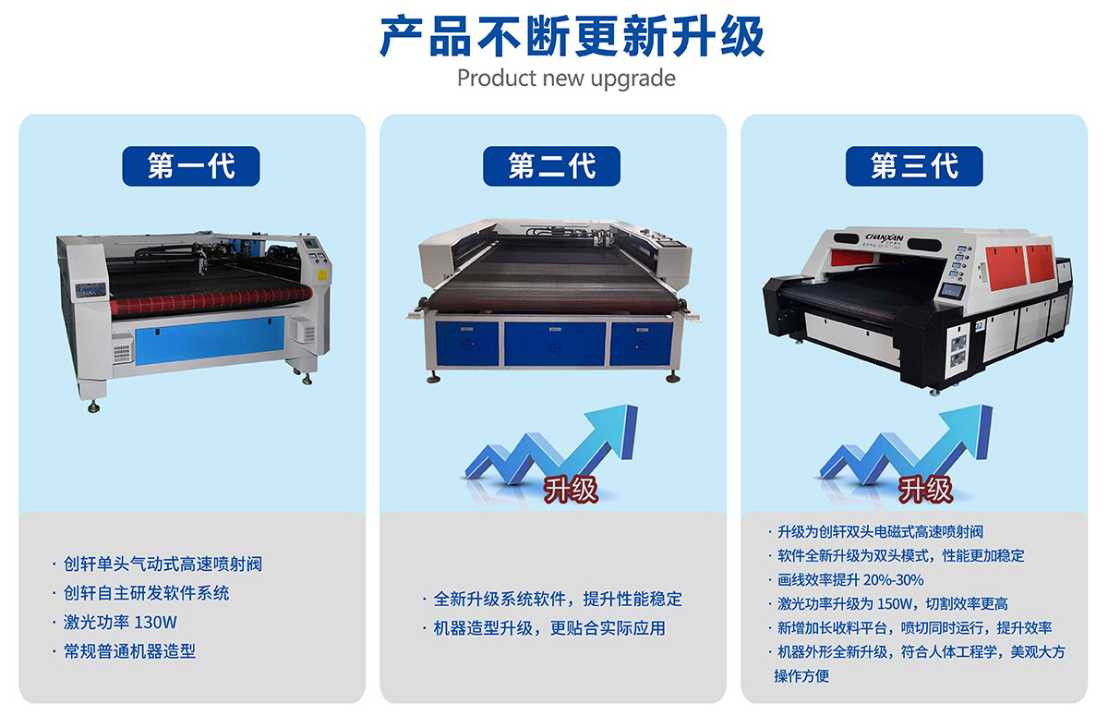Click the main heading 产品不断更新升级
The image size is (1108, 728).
(572, 37)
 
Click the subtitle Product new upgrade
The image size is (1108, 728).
(566, 78)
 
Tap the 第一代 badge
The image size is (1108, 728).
(191, 166)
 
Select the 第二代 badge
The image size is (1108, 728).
(551, 166)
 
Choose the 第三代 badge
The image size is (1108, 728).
(914, 166)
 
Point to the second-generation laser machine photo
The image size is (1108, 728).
(551, 300)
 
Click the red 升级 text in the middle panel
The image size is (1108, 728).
(570, 488)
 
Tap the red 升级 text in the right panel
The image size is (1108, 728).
(925, 488)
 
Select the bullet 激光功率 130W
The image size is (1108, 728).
(120, 622)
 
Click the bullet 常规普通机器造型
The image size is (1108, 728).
(129, 651)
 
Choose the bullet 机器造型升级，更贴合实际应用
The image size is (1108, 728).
(548, 629)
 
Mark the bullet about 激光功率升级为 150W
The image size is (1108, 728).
(892, 604)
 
